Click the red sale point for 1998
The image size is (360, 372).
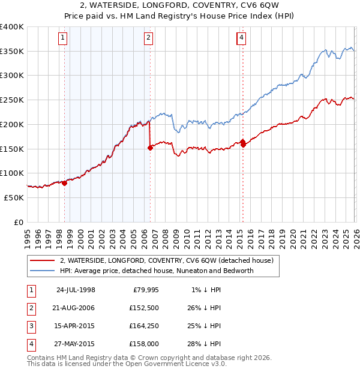(64, 183)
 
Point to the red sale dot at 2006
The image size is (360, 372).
(150, 148)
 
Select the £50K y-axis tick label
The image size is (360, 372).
(13, 197)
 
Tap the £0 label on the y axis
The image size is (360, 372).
(19, 222)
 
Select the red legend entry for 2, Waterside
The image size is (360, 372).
(167, 260)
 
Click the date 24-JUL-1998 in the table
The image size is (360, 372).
(76, 290)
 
